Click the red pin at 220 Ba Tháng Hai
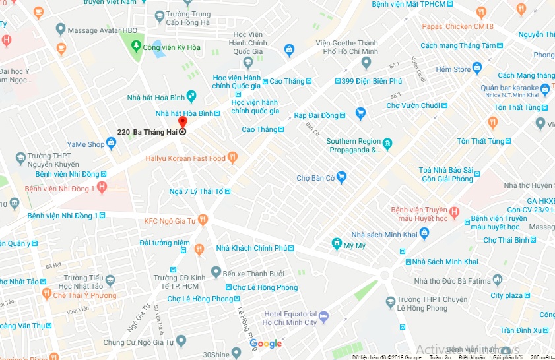pos(183,123)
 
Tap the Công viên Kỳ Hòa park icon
pos(136,47)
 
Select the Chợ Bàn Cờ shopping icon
pos(341,177)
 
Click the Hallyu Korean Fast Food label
pos(185,158)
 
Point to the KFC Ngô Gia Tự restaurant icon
pos(203,220)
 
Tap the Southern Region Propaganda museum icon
pos(387,145)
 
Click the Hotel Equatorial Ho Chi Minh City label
pos(290,318)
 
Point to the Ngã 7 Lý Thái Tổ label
pos(196,191)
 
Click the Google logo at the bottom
pos(266,344)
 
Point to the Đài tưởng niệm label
pos(164,243)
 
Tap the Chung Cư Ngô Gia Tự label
pos(138,342)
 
